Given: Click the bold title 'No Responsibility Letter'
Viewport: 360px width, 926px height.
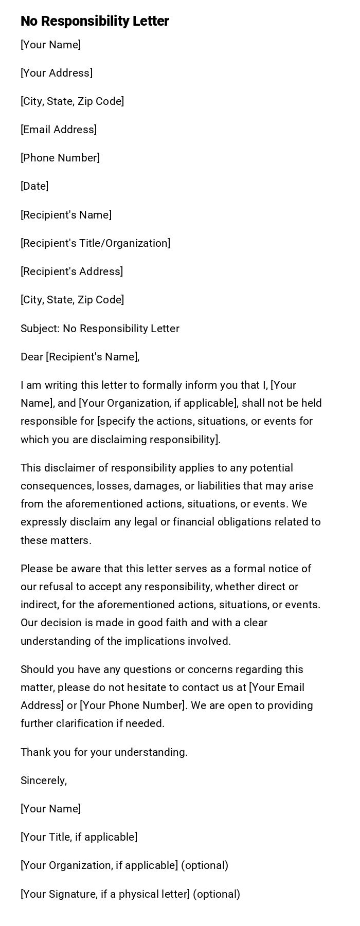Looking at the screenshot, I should pyautogui.click(x=95, y=21).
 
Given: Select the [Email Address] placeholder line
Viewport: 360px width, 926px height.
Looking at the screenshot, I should pyautogui.click(x=59, y=130).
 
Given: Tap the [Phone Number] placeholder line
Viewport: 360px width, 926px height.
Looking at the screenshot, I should pyautogui.click(x=60, y=158).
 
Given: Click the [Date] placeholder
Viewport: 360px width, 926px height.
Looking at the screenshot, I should pyautogui.click(x=34, y=186).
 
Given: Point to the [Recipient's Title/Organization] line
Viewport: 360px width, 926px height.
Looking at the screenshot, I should pyautogui.click(x=95, y=243).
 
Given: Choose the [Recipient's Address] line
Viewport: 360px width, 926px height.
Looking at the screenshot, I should pyautogui.click(x=71, y=271).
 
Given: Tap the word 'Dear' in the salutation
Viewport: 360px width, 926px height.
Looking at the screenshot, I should pyautogui.click(x=31, y=357).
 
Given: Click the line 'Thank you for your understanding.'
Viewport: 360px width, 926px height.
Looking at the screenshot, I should pyautogui.click(x=104, y=752).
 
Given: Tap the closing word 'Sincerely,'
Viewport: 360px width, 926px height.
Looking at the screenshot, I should pyautogui.click(x=44, y=780).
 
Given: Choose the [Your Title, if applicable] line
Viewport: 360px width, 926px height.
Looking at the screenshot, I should pyautogui.click(x=79, y=837).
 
